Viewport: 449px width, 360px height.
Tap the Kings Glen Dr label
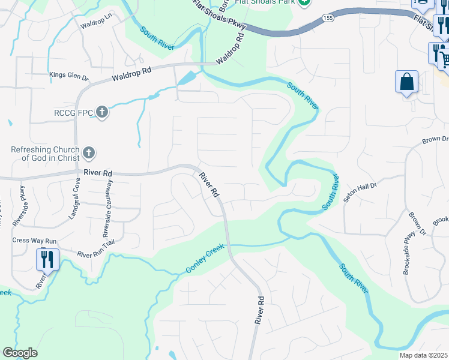(68, 77)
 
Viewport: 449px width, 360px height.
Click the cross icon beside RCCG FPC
(102, 112)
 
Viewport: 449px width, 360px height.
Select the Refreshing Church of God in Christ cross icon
(89, 154)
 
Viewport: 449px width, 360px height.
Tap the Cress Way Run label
(35, 241)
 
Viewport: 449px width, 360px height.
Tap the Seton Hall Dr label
(360, 188)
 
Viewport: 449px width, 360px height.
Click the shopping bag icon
(406, 82)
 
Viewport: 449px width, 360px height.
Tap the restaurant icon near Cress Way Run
(47, 259)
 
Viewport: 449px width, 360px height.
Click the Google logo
(20, 353)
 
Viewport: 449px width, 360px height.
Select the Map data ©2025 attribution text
(424, 355)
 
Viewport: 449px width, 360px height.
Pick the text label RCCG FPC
(72, 112)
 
